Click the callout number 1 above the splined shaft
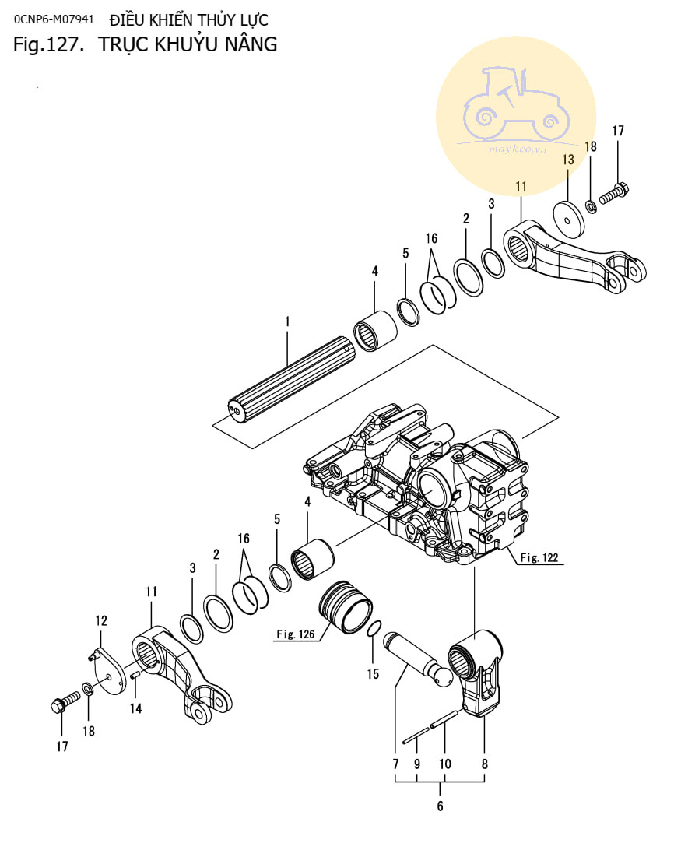pyautogui.click(x=287, y=321)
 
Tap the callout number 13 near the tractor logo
pyautogui.click(x=568, y=160)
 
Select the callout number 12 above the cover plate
pyautogui.click(x=101, y=621)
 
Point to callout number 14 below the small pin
pyautogui.click(x=135, y=708)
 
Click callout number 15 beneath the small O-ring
pyautogui.click(x=373, y=674)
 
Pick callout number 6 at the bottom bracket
pyautogui.click(x=441, y=806)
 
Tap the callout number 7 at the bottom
pyautogui.click(x=395, y=764)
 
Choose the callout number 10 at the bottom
pyautogui.click(x=445, y=764)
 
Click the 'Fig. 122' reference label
pyautogui.click(x=539, y=557)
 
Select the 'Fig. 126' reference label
pyautogui.click(x=295, y=634)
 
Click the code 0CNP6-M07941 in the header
pyautogui.click(x=54, y=19)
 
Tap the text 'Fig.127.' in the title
pyautogui.click(x=48, y=44)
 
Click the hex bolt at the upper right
pyautogui.click(x=614, y=194)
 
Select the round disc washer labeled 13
pyautogui.click(x=568, y=219)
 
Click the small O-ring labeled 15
pyautogui.click(x=374, y=628)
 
